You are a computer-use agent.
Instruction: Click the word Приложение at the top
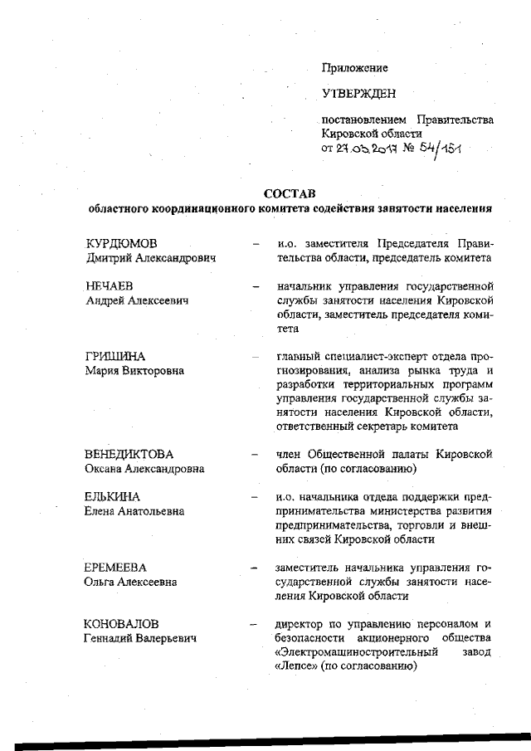click(354, 67)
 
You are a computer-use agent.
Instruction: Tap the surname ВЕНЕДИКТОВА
click(129, 455)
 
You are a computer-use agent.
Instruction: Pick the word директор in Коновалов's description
click(300, 623)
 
